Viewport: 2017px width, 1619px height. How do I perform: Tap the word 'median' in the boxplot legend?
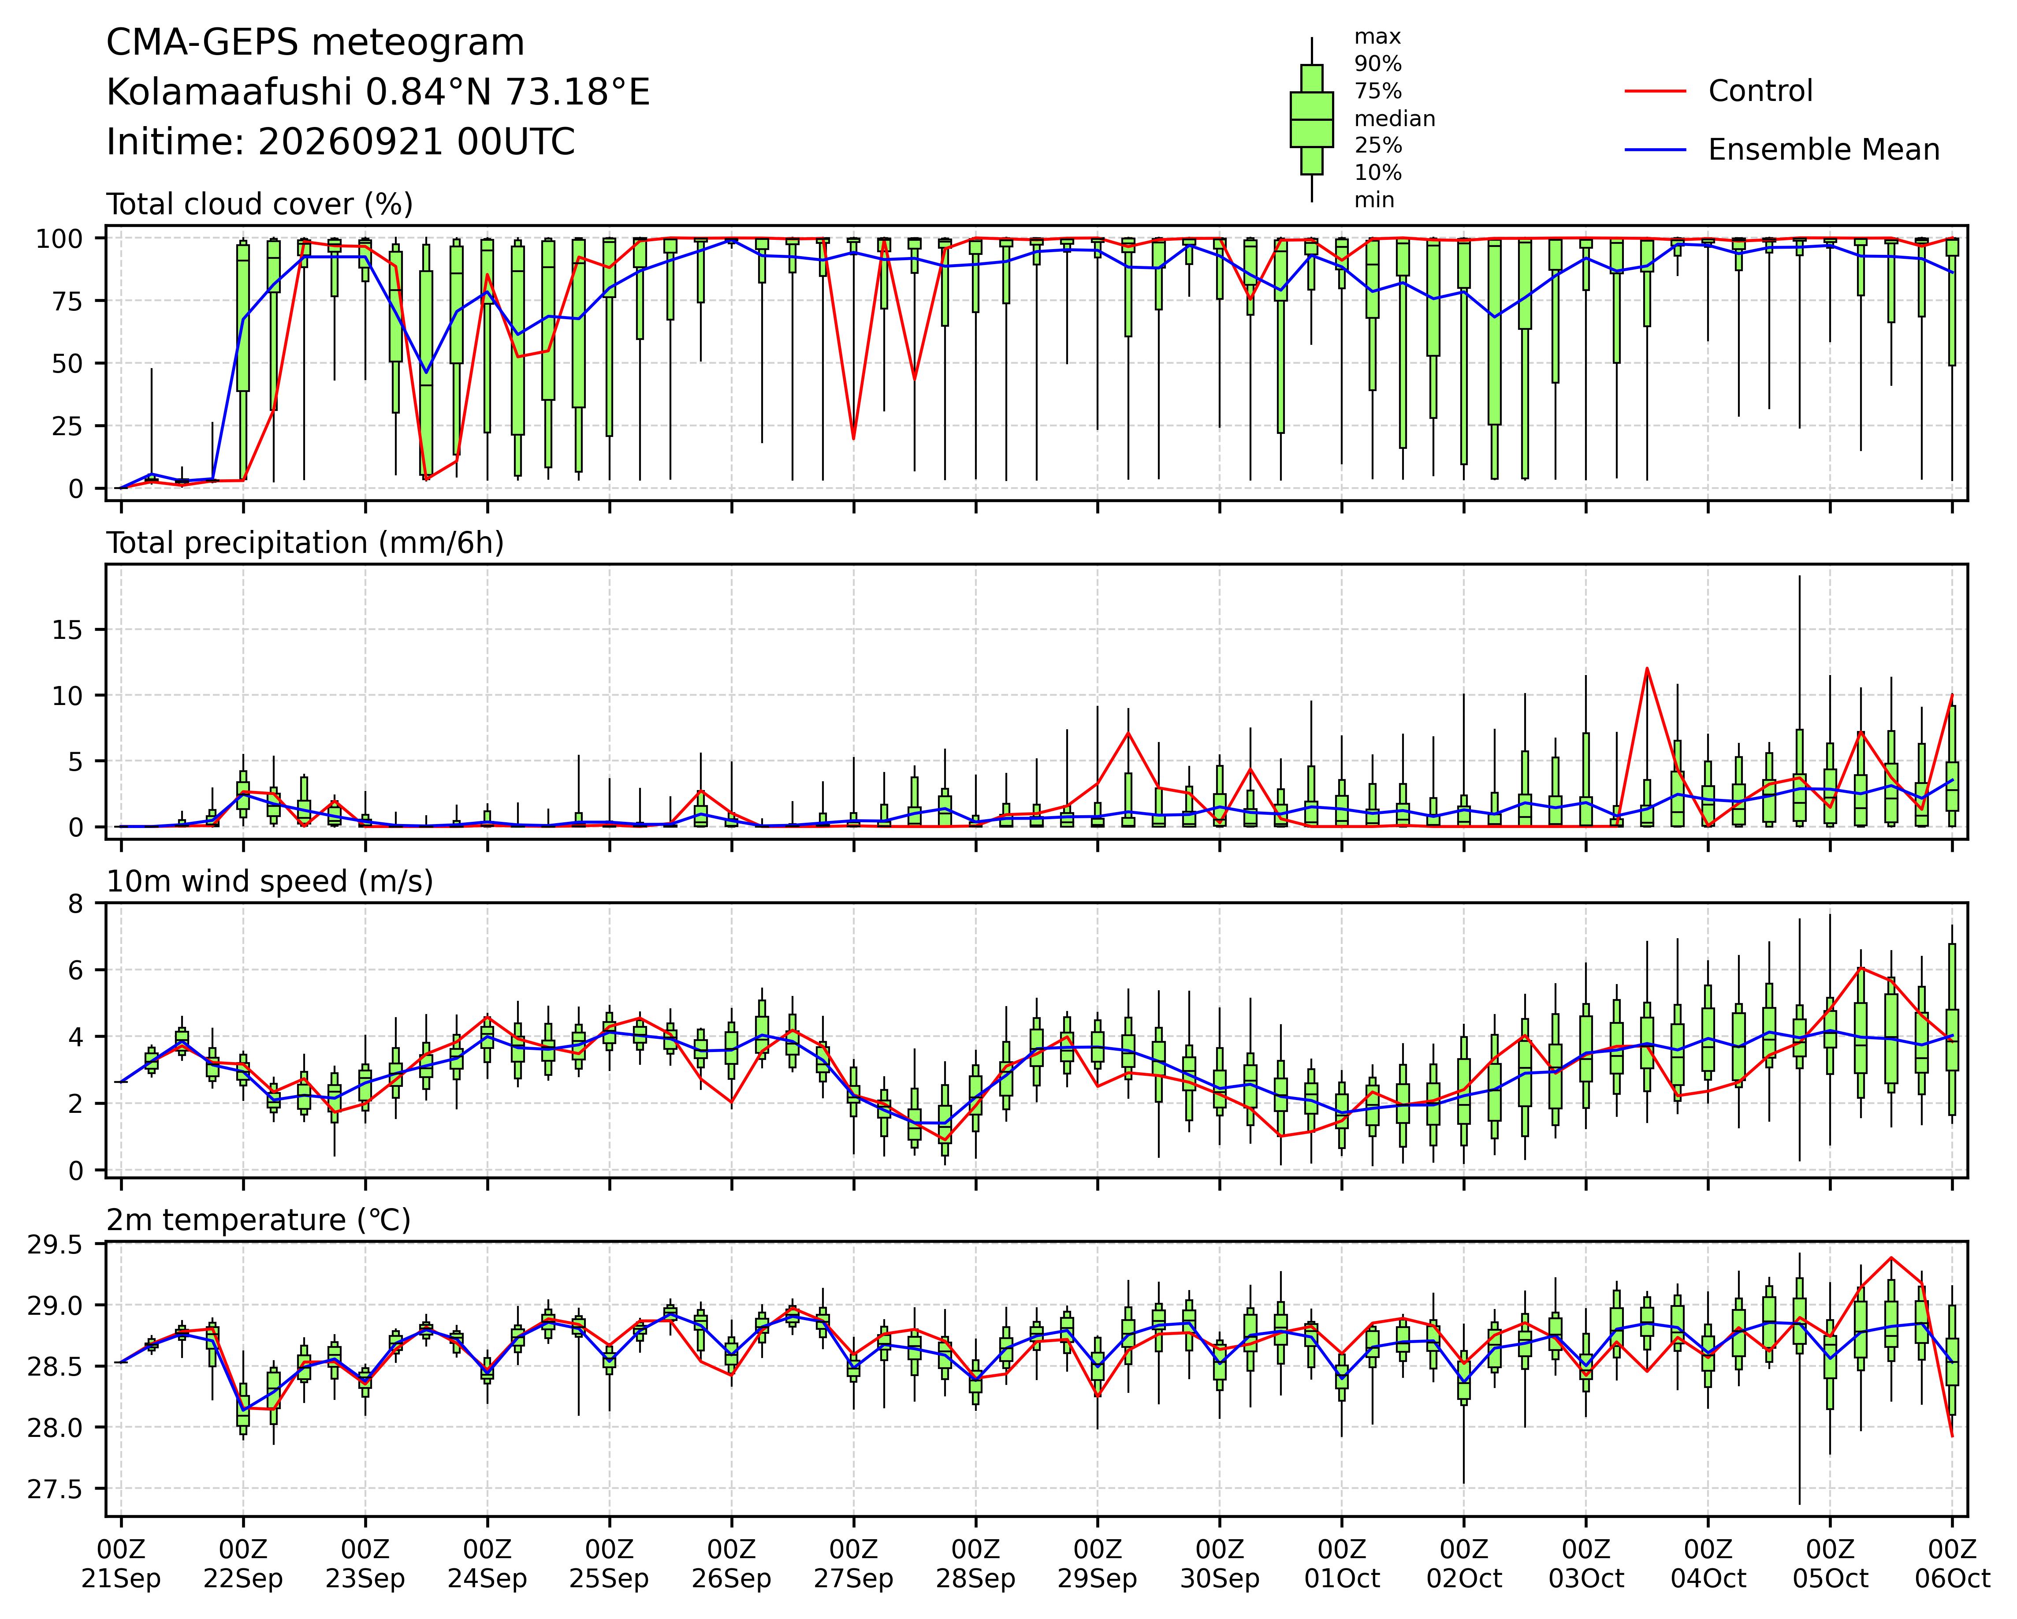[1394, 119]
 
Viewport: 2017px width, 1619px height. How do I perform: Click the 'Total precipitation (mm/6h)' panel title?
[305, 543]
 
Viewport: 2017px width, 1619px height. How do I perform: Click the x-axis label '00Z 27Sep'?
[853, 1564]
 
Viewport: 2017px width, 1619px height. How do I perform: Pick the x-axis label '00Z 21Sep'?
[121, 1564]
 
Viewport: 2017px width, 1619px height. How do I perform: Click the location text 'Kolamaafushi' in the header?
[229, 93]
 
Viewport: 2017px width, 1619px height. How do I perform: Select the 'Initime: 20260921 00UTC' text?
[341, 142]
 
